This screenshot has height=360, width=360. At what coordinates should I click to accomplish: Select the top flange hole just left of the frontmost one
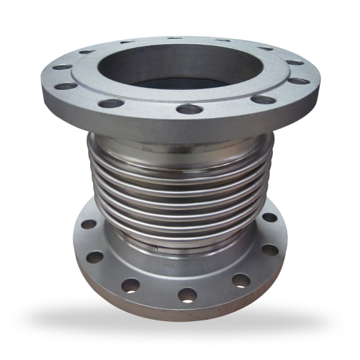[x=112, y=102]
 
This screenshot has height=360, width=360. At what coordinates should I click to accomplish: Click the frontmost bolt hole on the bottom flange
[x=188, y=294]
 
